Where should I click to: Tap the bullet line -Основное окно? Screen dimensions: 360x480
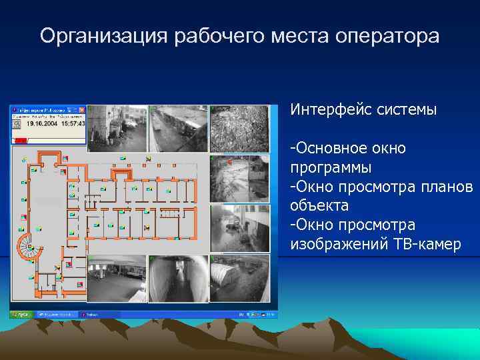tap(348, 147)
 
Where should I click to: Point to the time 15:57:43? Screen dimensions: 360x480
tap(70, 123)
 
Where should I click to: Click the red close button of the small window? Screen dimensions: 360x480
tap(82, 109)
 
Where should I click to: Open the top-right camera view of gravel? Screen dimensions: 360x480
tap(239, 129)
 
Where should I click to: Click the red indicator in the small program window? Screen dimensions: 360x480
tap(21, 140)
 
